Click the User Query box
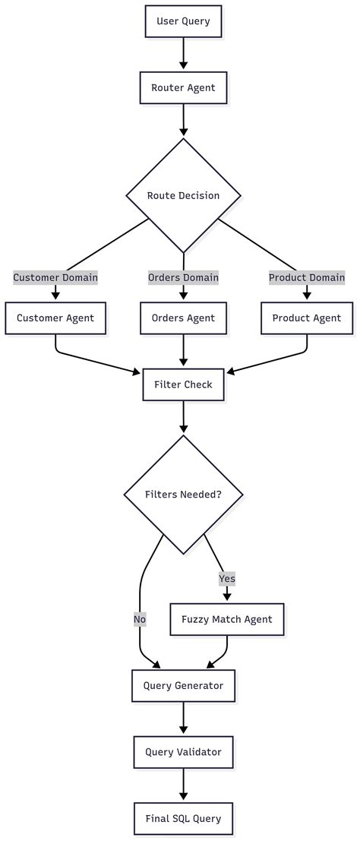pos(183,21)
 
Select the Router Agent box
pos(183,87)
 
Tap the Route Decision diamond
pos(183,195)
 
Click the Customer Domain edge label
pos(55,277)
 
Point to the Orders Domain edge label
pos(183,277)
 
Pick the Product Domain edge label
pos(307,277)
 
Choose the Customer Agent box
pos(55,318)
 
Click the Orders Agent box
pos(183,318)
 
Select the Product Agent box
pos(307,318)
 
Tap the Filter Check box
pos(183,384)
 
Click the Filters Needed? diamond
pos(183,495)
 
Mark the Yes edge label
pos(227,579)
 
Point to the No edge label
pos(140,619)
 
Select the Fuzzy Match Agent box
pos(227,619)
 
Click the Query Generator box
pos(183,685)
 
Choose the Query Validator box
pos(183,752)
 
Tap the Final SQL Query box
pos(183,818)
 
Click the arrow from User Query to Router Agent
pos(183,54)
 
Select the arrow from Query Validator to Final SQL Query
pos(183,785)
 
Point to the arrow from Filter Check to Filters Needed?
pos(183,417)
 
